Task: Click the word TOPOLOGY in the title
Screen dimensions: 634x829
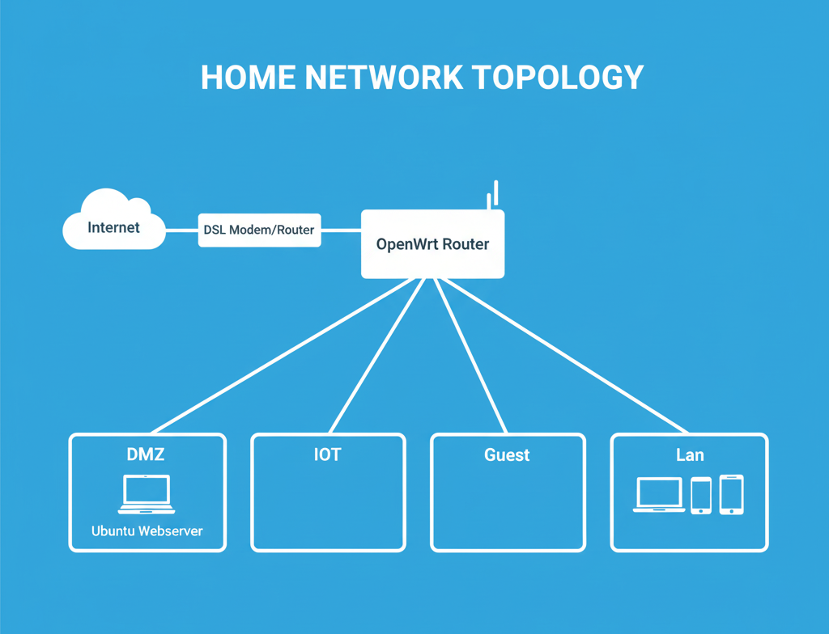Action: point(557,78)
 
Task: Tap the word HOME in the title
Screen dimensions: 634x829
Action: point(247,78)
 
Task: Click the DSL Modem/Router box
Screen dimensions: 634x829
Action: point(259,230)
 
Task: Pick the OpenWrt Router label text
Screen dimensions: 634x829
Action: point(432,243)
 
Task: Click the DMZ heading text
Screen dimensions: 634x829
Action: point(147,454)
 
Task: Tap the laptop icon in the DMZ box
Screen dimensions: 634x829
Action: point(147,494)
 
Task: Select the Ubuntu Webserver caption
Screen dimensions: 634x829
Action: point(147,531)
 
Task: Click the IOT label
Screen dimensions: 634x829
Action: point(327,454)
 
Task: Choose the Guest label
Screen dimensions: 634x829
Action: point(507,454)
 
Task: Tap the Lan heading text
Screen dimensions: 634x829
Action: point(690,454)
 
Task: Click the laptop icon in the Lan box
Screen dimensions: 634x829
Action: point(658,495)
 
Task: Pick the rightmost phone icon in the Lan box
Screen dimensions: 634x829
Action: point(731,494)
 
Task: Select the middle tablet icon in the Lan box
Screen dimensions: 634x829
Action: point(701,495)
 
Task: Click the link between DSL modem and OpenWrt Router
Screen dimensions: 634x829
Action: point(340,230)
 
